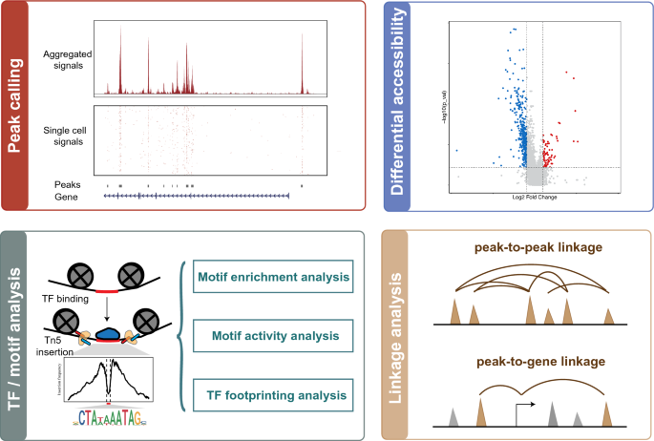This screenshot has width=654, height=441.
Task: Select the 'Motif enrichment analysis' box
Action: point(272,278)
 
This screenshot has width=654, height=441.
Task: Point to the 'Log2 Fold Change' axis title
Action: point(535,197)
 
